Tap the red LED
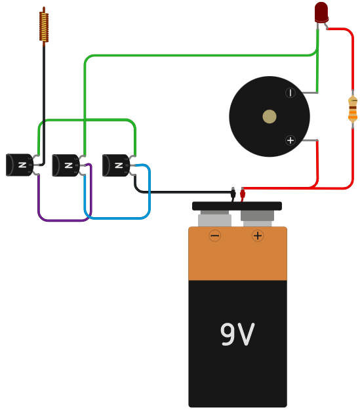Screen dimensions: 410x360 321,12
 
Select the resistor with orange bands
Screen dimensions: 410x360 353,109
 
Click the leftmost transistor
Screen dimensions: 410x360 20,165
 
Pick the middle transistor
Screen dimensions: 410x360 66,165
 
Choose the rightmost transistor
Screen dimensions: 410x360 116,165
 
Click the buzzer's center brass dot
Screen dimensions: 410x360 270,116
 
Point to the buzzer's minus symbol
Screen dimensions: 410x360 290,92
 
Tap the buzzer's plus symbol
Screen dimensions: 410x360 290,140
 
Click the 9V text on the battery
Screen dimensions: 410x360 237,335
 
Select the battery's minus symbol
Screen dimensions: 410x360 215,236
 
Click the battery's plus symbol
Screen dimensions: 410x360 258,236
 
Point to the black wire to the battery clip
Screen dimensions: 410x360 184,192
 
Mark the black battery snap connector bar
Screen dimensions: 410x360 237,206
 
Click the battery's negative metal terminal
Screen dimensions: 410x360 214,219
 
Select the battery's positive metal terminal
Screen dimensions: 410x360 257,217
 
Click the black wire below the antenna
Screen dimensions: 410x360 44,98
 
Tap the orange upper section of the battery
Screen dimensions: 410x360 237,259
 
